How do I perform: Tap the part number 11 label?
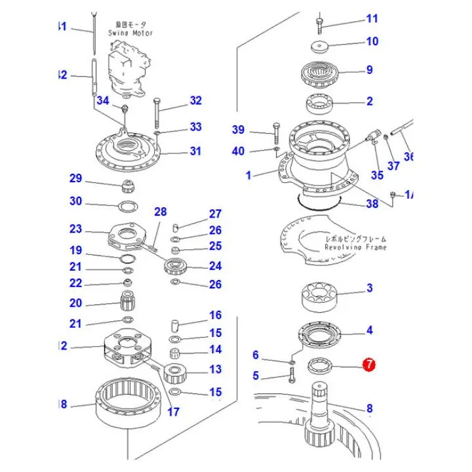pos(372,19)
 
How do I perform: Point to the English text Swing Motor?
pos(130,33)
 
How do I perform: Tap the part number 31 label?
pos(195,151)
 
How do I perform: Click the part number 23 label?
pos(76,229)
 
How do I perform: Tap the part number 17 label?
pos(173,412)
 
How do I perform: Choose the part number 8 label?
pos(370,408)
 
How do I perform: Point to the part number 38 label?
pos(372,204)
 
